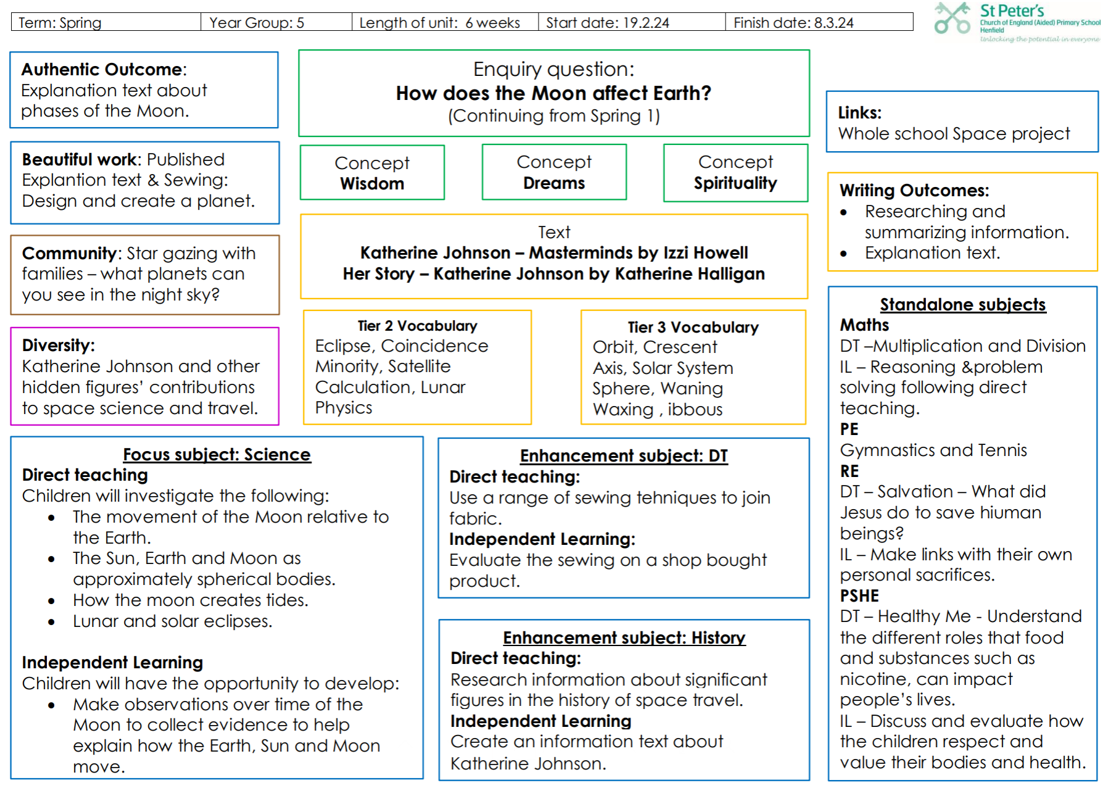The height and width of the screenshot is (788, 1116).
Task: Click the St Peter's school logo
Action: coord(1017,22)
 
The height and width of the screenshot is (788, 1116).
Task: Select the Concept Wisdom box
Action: coord(372,173)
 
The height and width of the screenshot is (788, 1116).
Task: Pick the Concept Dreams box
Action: coord(554,172)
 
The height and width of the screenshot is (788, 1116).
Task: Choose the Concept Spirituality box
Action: coord(735,173)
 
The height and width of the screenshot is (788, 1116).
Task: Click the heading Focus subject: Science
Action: coord(217,455)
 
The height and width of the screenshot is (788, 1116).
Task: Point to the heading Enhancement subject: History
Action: coord(624,637)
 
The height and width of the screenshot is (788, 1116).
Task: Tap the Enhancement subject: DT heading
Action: coord(624,456)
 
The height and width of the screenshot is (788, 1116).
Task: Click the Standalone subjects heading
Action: coord(963,305)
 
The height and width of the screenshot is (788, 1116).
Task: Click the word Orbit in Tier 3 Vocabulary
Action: coord(613,347)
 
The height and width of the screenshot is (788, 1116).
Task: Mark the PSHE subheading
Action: coord(859,596)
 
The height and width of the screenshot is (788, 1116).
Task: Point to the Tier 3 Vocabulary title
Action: coord(693,327)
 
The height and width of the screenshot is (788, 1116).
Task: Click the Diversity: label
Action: coord(59,346)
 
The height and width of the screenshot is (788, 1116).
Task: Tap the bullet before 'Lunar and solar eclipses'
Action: coord(51,622)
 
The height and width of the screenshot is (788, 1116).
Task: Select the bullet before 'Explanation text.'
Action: coord(843,254)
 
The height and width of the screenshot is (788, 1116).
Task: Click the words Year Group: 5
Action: coord(257,23)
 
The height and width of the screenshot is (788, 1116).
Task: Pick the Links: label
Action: coord(860,113)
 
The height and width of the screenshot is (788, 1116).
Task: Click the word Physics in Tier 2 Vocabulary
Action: coord(344,408)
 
